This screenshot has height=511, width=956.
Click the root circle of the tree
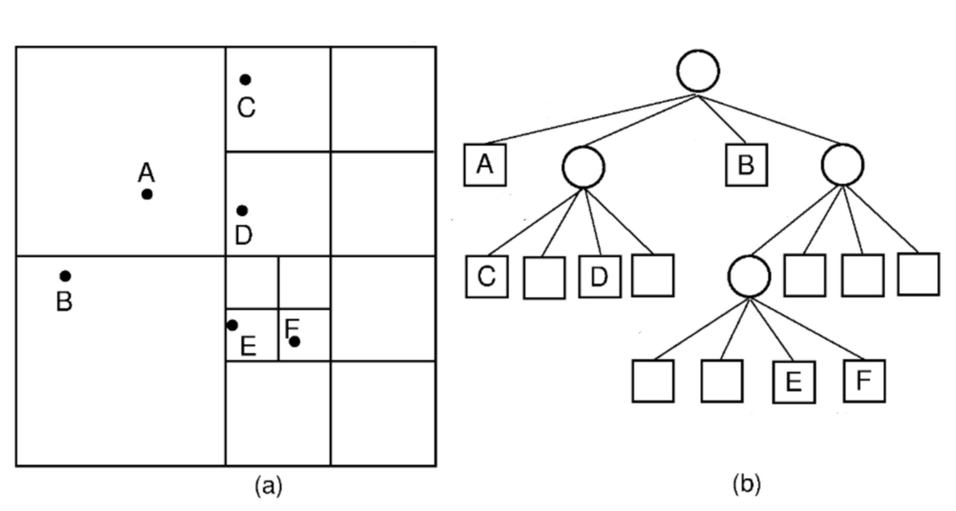(698, 71)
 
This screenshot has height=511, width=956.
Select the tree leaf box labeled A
(485, 165)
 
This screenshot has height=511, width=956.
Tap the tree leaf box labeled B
(746, 165)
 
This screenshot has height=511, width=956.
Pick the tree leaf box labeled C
(487, 276)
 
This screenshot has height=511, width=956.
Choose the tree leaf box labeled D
(599, 276)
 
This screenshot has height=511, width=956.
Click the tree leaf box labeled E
(794, 382)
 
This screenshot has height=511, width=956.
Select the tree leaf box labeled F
(864, 381)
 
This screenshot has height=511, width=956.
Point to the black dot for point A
(147, 194)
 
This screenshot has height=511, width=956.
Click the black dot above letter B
(65, 276)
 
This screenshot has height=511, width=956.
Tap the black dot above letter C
(245, 80)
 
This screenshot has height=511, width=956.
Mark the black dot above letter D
(242, 210)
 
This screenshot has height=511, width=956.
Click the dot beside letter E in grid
(232, 325)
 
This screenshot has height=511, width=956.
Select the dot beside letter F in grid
(295, 341)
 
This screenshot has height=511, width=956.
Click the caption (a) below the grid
(269, 486)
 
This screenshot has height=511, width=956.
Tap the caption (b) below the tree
(747, 485)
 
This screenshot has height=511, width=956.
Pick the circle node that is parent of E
(749, 276)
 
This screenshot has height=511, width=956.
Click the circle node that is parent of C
(583, 167)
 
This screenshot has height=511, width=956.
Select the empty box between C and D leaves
(544, 277)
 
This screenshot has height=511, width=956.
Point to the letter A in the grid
(146, 173)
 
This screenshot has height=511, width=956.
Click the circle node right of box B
(842, 165)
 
